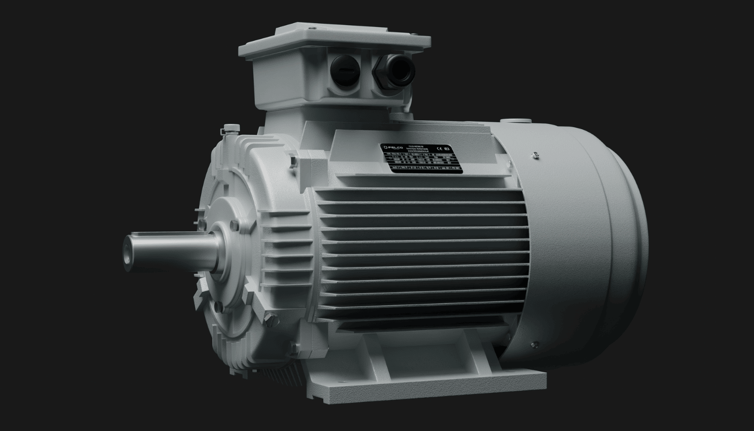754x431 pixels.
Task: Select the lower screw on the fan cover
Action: coord(531,345)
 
